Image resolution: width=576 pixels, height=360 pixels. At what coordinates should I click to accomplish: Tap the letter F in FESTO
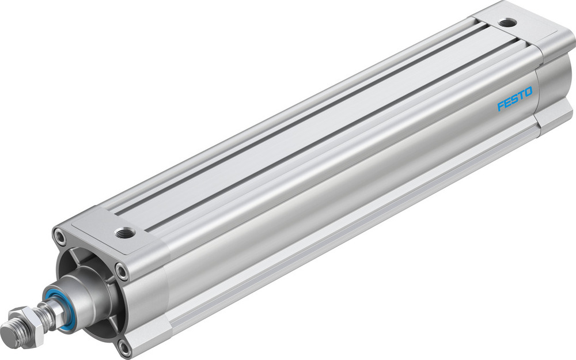[x=501, y=107]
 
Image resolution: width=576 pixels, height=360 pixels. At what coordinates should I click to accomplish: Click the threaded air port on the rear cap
[x=506, y=23]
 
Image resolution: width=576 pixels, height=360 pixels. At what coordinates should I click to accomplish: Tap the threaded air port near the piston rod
[x=125, y=233]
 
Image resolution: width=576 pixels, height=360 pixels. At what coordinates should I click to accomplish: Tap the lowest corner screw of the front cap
[x=124, y=346]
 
